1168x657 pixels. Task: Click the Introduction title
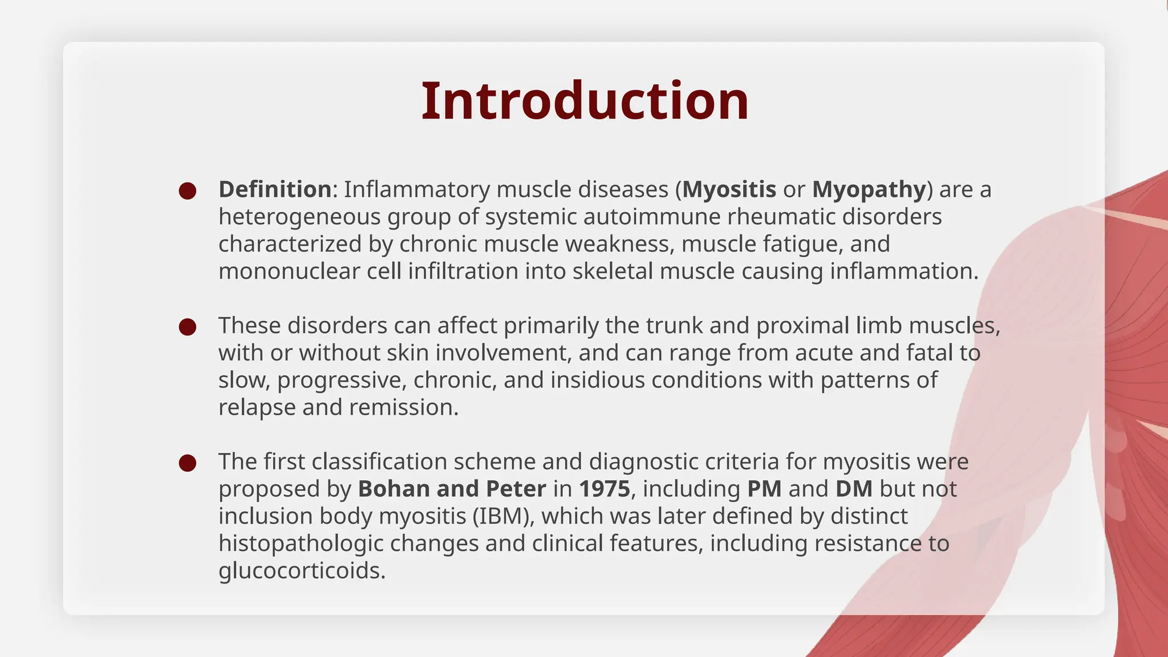pos(585,101)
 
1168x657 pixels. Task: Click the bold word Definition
pos(275,189)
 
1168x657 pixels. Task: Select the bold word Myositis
pos(729,189)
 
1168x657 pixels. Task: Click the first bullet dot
pos(188,190)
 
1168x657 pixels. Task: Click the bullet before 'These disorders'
pos(188,327)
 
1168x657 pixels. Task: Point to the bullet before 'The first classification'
pos(188,463)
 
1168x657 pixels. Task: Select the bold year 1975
pos(605,489)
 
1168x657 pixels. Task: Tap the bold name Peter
pos(516,489)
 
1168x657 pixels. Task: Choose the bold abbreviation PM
pos(764,489)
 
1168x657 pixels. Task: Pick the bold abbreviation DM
pos(854,489)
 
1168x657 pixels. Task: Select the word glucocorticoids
pos(302,570)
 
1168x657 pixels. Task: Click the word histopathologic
pos(301,544)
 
